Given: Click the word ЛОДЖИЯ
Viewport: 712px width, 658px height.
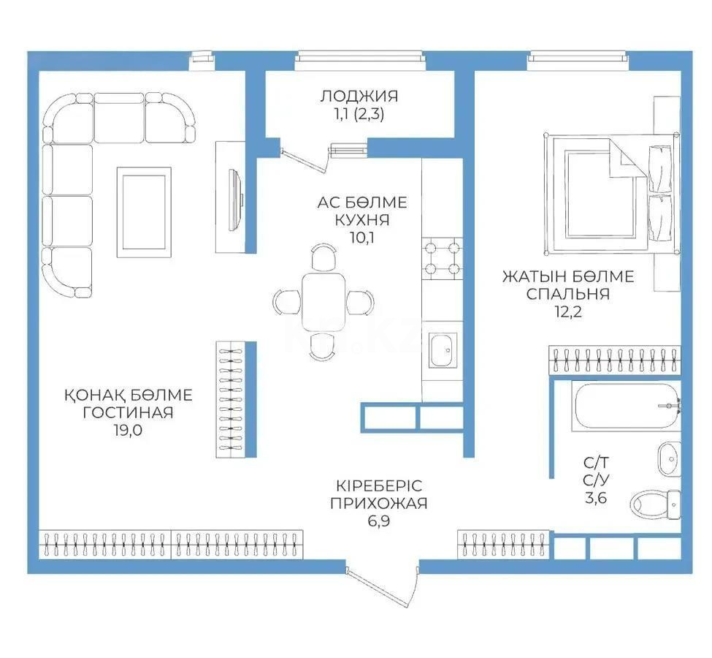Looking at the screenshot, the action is [359, 97].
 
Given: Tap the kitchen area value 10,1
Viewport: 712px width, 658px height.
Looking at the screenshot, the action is [362, 238].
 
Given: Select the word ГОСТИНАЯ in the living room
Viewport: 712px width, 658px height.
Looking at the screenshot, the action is [128, 412].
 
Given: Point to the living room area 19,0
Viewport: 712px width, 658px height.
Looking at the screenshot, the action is [128, 430].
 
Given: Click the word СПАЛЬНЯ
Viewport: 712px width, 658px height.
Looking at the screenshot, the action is [568, 294].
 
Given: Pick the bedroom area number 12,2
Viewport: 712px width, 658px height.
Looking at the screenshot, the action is [568, 312].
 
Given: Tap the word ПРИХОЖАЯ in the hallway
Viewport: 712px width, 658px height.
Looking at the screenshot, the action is [379, 504].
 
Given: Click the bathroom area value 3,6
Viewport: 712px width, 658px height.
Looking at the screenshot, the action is [596, 499].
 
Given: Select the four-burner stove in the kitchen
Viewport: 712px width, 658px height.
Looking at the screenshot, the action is [443, 258].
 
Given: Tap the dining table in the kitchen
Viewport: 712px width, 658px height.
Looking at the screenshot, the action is [324, 303].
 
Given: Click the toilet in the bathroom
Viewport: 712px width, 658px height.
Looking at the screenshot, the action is [656, 504].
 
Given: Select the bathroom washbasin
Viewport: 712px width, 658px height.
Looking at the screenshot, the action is [670, 459].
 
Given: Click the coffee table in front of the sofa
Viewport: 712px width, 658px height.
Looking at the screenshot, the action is [144, 212].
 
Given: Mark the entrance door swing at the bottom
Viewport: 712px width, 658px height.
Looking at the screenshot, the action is [381, 587].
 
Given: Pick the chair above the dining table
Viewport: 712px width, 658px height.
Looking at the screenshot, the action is [324, 257].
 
